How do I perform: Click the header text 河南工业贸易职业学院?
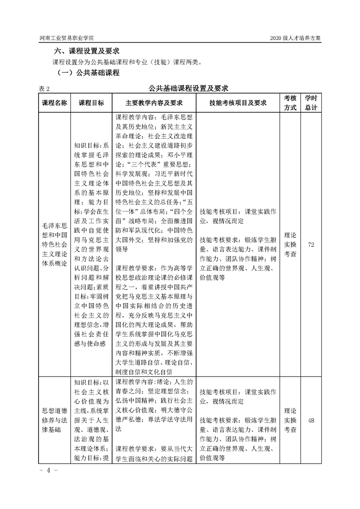tap(69, 38)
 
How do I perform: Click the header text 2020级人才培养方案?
tap(295, 38)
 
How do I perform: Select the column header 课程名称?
tap(54, 103)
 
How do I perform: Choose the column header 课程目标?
tap(91, 103)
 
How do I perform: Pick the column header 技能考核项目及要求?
tap(237, 103)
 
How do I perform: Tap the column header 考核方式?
tap(290, 103)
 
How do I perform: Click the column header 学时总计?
tap(311, 103)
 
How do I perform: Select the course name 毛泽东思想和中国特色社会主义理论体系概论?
tap(54, 245)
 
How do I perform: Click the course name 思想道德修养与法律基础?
tap(54, 420)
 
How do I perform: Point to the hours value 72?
tap(311, 245)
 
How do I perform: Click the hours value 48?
tap(311, 421)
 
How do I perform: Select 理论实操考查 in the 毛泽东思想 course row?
tap(290, 245)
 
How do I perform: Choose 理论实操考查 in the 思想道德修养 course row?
tap(290, 421)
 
